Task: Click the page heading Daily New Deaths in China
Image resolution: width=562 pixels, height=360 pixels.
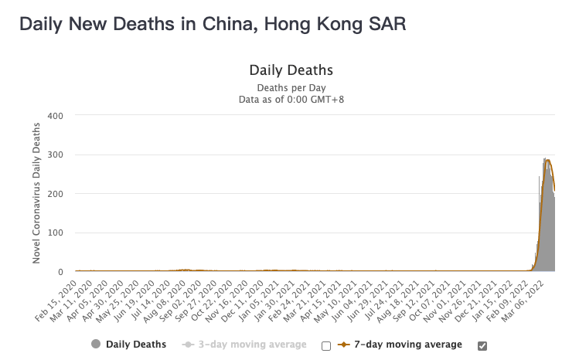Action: (212, 24)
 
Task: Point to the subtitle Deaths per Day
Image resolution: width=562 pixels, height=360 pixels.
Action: (291, 87)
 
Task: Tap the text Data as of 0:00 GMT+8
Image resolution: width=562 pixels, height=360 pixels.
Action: (291, 99)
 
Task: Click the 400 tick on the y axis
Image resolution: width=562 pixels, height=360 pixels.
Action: (56, 116)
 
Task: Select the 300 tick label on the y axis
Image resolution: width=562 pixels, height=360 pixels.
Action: (56, 155)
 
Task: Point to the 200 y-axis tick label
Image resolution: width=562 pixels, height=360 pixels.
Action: (56, 194)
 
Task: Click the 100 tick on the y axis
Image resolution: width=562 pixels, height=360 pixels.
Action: (56, 233)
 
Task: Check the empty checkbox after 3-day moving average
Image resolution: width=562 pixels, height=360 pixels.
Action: (326, 345)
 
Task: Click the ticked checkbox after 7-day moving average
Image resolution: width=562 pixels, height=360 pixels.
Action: (482, 345)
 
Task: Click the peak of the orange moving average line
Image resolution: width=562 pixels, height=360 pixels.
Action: (548, 159)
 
